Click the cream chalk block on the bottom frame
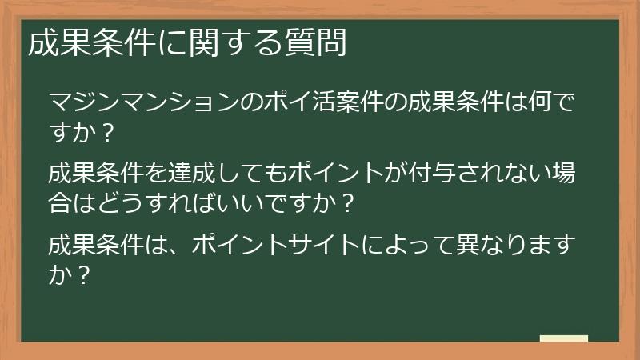563,338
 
